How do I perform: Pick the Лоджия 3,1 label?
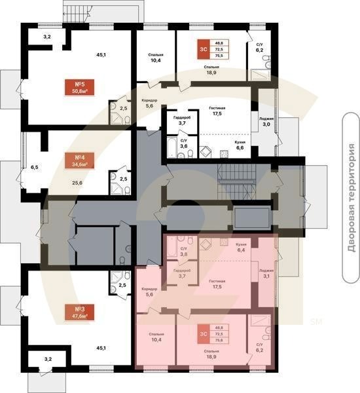pos(266,273)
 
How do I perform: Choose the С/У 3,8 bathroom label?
pos(183,251)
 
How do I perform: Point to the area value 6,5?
pos(34,168)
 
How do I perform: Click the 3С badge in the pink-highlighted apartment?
pos(204,334)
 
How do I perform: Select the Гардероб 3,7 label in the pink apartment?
pos(181,274)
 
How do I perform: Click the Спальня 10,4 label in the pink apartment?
pos(156,337)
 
